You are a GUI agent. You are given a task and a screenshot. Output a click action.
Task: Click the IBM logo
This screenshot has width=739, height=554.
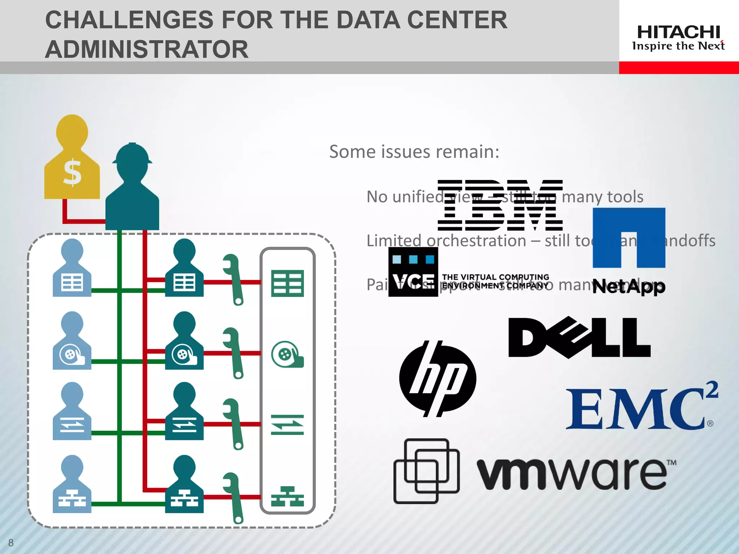(500, 205)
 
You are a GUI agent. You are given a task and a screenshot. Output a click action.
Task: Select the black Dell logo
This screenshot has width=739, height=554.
(579, 338)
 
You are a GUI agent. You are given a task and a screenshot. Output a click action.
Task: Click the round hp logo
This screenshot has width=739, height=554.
(437, 378)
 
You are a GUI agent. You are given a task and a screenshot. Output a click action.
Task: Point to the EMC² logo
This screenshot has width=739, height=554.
(640, 408)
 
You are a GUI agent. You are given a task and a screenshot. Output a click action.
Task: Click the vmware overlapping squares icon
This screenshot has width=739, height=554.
(427, 471)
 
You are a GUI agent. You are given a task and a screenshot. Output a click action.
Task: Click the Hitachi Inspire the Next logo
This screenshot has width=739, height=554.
(678, 38)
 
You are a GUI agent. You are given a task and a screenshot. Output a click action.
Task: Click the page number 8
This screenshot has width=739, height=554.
(11, 542)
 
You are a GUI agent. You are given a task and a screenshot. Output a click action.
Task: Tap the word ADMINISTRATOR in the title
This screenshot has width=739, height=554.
(147, 49)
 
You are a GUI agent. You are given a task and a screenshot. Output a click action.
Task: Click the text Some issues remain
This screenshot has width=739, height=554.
(414, 151)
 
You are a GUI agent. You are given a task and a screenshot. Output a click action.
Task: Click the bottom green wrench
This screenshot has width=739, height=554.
(233, 497)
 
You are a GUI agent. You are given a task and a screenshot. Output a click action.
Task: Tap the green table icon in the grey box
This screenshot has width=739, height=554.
(287, 283)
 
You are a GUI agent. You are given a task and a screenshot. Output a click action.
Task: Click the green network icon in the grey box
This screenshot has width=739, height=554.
(287, 497)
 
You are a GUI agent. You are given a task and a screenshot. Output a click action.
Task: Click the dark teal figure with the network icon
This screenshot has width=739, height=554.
(184, 485)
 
